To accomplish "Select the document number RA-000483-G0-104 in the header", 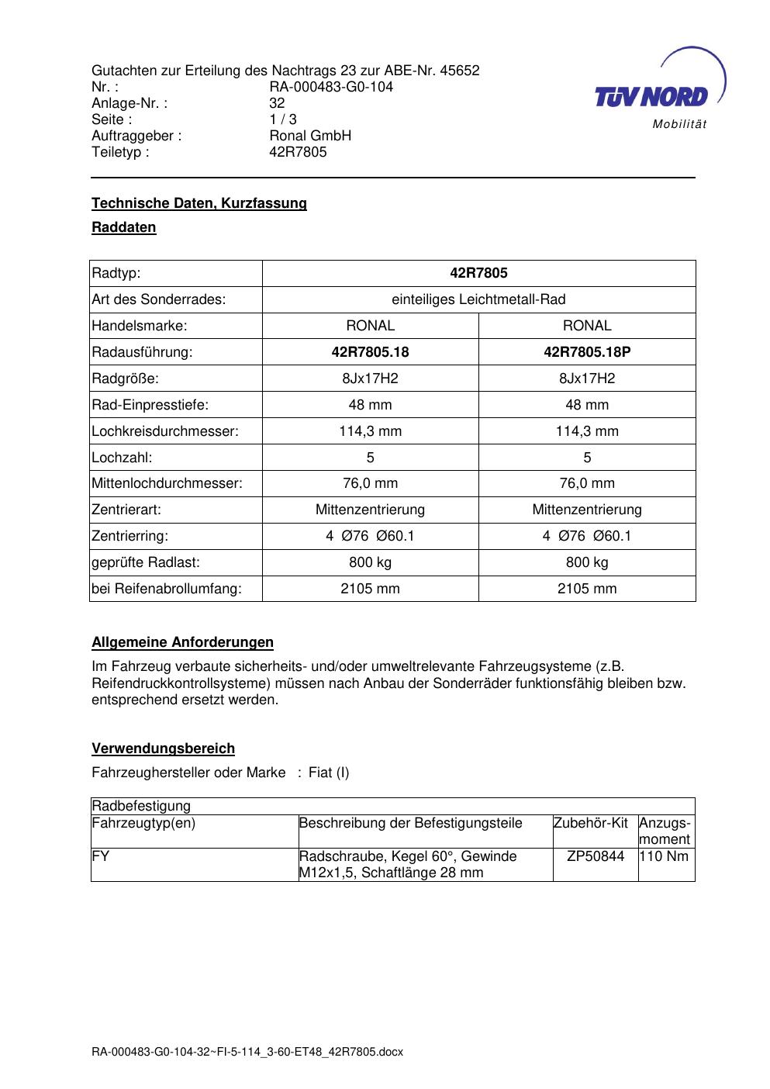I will [330, 87].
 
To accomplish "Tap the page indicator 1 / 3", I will [283, 119].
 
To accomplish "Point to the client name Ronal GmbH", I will [310, 136].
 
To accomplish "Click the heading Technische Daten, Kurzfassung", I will [199, 203].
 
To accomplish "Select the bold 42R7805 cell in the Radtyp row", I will [478, 273].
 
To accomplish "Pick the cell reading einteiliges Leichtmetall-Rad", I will [478, 299].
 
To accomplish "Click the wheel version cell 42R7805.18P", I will [587, 352].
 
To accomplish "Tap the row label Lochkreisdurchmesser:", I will [165, 431].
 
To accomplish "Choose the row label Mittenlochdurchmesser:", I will [167, 483].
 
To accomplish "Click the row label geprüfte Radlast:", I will [146, 562].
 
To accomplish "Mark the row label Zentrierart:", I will [126, 510].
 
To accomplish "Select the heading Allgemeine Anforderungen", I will [182, 642].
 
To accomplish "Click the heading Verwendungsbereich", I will [163, 748].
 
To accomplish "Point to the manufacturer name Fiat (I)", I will [329, 773].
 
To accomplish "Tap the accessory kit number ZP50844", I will [596, 856].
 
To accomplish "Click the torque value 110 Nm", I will [665, 856].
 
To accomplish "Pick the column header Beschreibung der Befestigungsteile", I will [411, 823].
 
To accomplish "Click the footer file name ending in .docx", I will [247, 1053].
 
